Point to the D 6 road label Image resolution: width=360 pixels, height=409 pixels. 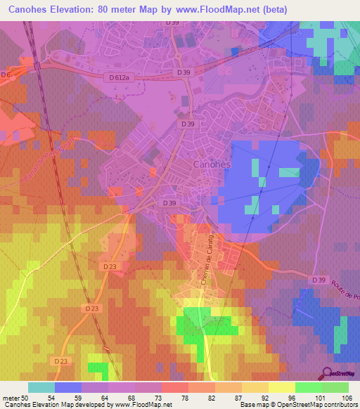(x=6, y=74)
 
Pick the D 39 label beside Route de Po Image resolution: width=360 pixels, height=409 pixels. (x=319, y=280)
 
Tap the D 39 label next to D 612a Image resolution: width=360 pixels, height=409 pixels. (x=184, y=72)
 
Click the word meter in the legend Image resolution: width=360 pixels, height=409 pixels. (x=10, y=397)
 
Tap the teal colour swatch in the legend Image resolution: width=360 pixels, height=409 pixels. (x=41, y=387)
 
